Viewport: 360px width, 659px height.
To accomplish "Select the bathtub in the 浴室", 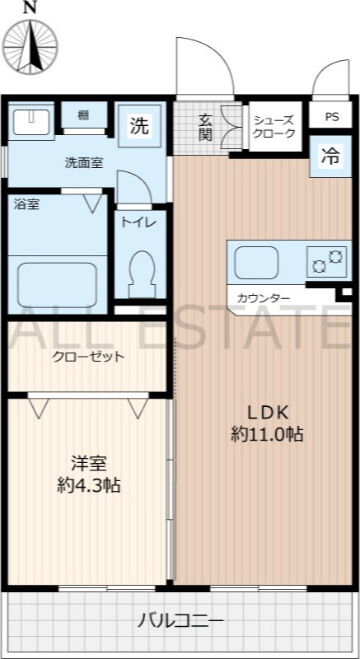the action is click(57, 283).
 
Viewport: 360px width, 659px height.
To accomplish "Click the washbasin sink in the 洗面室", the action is click(31, 122).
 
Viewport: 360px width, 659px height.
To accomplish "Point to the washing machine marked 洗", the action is click(139, 126).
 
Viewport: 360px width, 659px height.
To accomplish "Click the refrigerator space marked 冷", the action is click(330, 156).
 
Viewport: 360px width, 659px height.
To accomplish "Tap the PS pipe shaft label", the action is click(331, 117).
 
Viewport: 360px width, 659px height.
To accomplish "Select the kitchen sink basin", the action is click(256, 263).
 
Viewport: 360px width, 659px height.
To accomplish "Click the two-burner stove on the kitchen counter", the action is click(328, 262).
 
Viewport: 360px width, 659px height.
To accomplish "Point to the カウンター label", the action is click(264, 299).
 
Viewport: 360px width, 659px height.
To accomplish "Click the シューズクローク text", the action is click(274, 127).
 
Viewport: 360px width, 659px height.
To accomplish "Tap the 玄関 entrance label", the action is click(205, 128).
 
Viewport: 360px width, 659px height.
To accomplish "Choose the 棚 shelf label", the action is click(83, 116).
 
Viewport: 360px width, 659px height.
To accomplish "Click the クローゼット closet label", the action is click(88, 357).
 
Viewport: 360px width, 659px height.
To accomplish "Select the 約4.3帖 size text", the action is click(89, 486).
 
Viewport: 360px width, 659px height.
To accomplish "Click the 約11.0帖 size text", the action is click(267, 434).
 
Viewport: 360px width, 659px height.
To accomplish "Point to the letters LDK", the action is click(267, 414).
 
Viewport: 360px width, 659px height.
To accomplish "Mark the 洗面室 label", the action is click(84, 162).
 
